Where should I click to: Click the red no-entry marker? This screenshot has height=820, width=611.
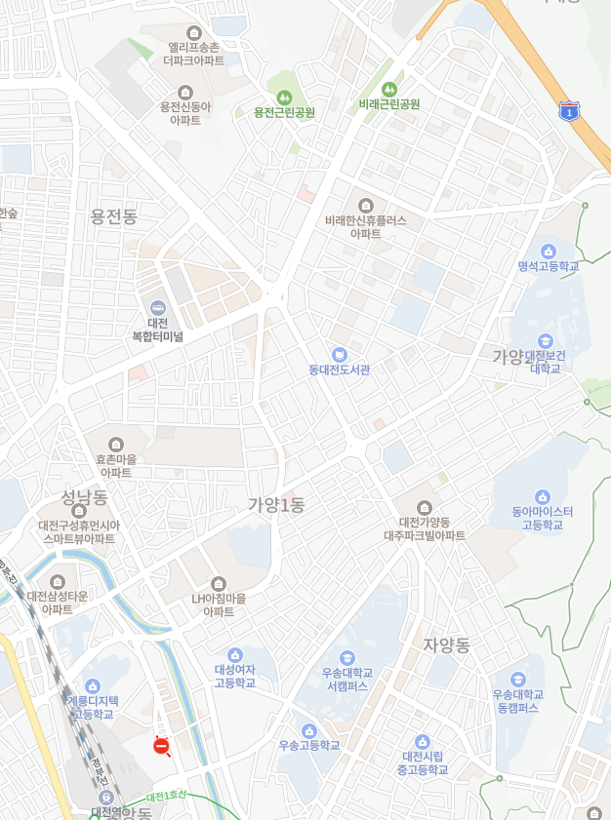161,746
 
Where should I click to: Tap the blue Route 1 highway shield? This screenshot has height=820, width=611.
569,111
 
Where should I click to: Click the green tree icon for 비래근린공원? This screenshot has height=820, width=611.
389,89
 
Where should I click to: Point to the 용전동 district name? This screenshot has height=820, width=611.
114,216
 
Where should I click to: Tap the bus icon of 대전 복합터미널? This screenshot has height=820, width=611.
157,307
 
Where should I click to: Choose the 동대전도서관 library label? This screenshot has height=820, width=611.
340,370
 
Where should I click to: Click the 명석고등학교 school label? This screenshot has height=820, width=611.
549,266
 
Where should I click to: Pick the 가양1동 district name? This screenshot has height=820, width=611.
276,504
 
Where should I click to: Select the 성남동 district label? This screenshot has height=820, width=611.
82,497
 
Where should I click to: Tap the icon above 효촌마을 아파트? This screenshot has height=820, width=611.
115,445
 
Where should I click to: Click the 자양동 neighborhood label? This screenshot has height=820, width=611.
447,645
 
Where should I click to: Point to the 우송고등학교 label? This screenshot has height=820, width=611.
309,745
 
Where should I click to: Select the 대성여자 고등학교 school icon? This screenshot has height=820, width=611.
234,654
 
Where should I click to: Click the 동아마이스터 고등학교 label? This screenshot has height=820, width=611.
543,518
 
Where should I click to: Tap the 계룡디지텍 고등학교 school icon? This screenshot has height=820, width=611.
93,686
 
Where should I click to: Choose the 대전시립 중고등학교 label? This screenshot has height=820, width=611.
423,762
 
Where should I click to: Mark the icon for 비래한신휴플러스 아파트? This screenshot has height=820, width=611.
365,205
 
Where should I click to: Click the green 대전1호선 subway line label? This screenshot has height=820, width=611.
166,797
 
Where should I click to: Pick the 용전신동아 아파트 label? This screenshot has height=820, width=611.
185,113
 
